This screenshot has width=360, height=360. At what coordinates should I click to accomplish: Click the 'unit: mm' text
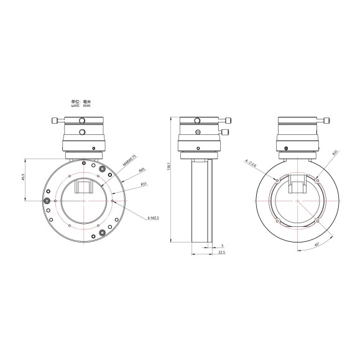tap(81, 106)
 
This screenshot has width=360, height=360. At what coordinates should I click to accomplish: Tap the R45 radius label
tap(142, 170)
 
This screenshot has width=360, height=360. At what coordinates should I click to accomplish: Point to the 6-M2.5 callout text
tap(154, 218)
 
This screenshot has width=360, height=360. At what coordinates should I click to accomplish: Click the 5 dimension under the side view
tap(221, 246)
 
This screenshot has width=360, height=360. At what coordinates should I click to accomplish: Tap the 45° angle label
tap(315, 245)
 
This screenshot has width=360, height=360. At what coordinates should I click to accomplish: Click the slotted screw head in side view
tap(198, 131)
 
